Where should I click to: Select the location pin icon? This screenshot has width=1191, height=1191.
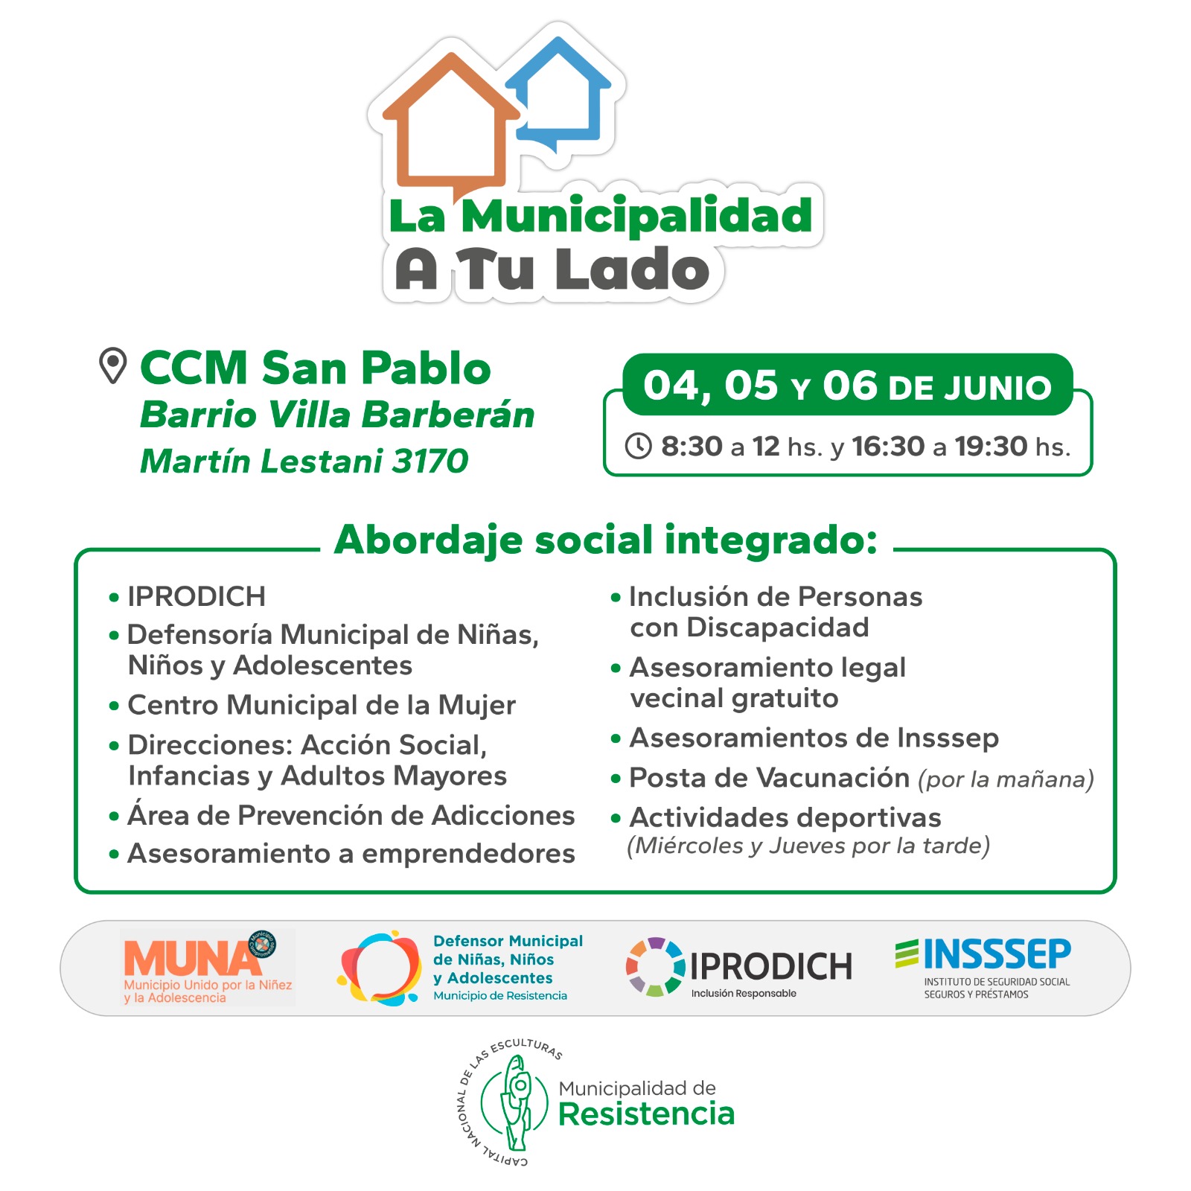[112, 365]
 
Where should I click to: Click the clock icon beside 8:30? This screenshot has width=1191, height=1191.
[638, 446]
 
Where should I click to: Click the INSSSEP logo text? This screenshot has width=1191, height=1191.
[997, 954]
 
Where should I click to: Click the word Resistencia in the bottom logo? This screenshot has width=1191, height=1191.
[646, 1114]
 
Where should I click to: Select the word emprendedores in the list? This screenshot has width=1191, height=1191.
[468, 854]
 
